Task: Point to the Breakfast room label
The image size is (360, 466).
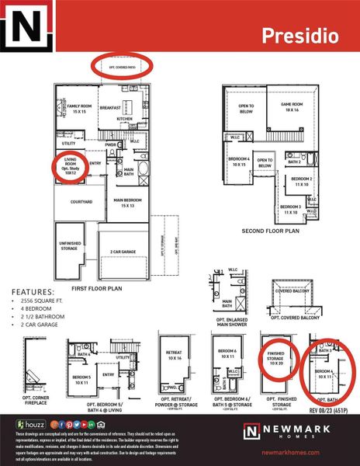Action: tap(109, 108)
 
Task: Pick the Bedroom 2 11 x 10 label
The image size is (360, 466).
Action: tap(300, 181)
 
